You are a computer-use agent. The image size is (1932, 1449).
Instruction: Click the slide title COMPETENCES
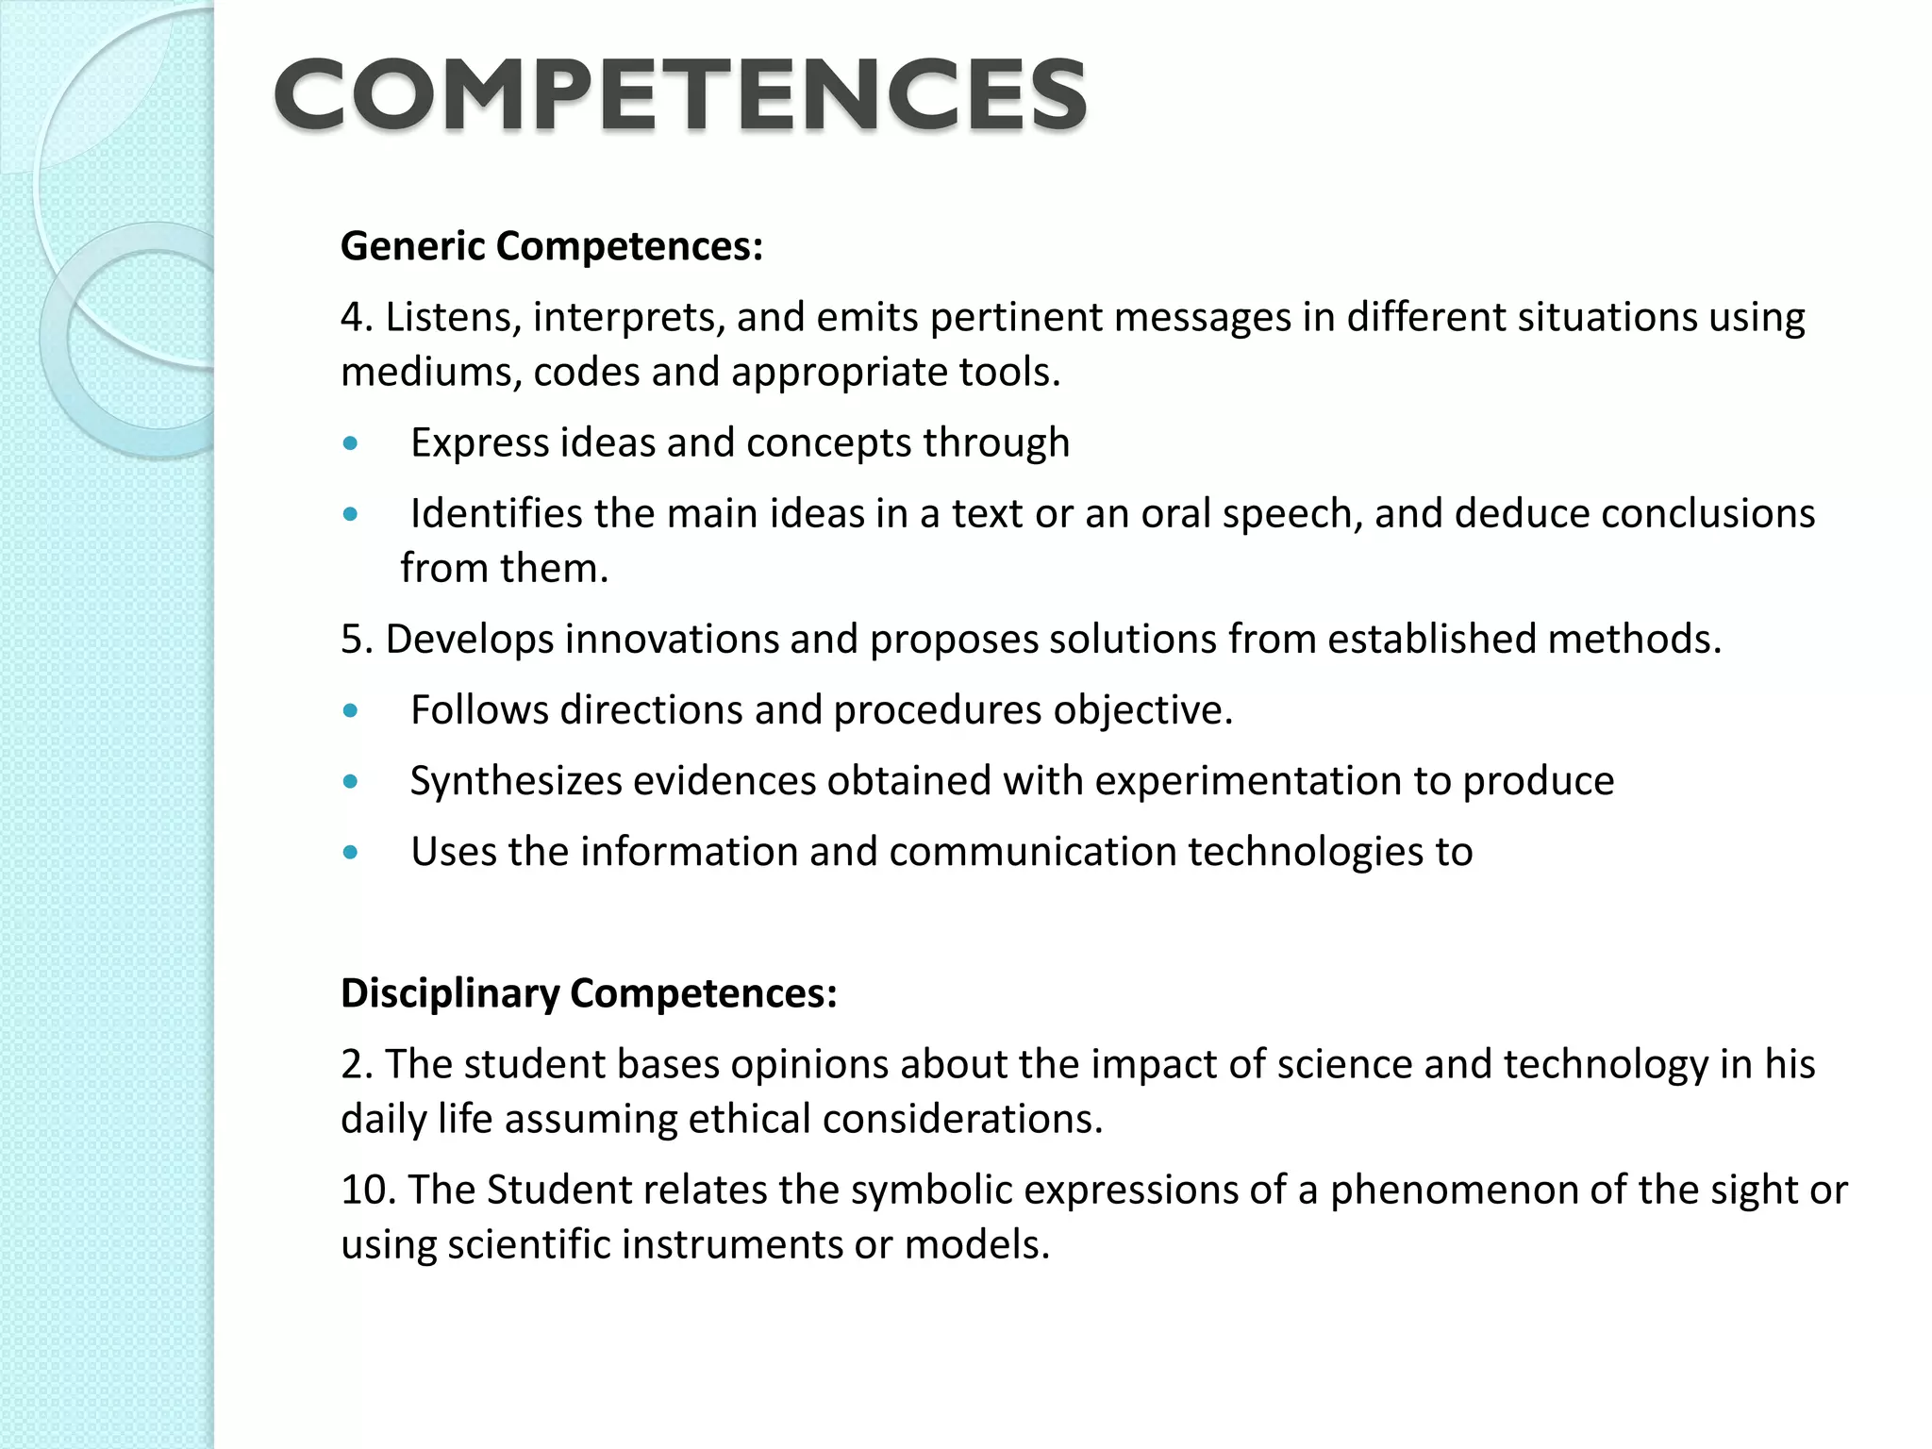[680, 94]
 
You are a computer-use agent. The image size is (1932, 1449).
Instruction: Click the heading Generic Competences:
[551, 246]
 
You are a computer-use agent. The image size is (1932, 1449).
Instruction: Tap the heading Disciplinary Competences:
[589, 993]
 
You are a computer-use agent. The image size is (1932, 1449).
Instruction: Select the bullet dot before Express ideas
[351, 443]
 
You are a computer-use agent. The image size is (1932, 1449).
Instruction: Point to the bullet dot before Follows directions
[351, 710]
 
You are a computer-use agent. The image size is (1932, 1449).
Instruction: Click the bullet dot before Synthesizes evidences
[351, 781]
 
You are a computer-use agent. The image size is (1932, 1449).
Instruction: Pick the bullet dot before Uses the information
[351, 852]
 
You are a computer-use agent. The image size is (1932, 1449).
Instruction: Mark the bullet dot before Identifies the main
[351, 514]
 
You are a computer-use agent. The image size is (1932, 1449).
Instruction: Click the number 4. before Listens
[357, 318]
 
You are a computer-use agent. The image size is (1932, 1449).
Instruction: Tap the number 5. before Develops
[357, 640]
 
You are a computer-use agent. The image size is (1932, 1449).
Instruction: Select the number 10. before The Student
[367, 1191]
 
